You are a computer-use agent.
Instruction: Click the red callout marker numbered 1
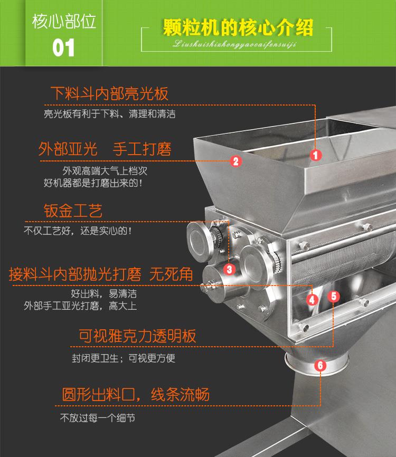click(315, 155)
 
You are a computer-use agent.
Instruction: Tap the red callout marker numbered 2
click(236, 161)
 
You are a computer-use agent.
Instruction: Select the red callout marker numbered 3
click(229, 269)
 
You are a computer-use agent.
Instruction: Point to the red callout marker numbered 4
click(312, 300)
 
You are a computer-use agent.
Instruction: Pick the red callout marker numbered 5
click(333, 296)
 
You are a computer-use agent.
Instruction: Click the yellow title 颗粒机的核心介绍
click(238, 27)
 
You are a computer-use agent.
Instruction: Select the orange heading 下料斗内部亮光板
click(109, 93)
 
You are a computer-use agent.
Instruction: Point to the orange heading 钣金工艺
click(72, 211)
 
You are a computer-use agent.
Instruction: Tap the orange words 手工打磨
click(142, 148)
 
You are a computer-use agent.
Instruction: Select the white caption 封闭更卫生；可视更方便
click(124, 358)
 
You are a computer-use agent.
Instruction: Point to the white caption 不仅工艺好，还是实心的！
click(77, 231)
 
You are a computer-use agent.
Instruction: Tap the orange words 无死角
click(171, 274)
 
